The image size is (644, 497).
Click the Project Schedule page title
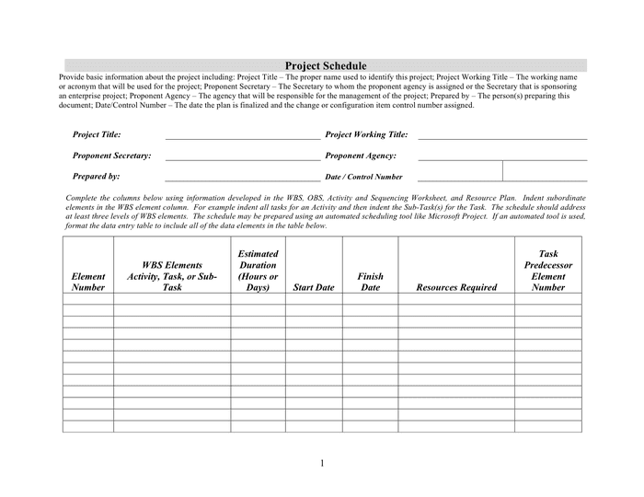point(326,66)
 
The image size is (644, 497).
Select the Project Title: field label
point(97,134)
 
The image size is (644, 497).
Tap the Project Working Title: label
point(366,134)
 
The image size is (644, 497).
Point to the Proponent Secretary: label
point(111,156)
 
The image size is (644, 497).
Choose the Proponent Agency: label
point(361,156)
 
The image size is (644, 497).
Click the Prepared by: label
point(97,176)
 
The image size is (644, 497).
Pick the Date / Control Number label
point(363,177)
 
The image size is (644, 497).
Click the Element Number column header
point(88,282)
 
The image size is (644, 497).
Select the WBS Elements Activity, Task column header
point(172,276)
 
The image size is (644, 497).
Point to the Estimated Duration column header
point(258,271)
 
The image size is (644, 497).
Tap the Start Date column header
point(313,287)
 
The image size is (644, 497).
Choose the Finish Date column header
point(370,282)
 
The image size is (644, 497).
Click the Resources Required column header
point(456,287)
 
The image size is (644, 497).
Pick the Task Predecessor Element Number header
point(548,271)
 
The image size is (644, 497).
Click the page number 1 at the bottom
point(323,462)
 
